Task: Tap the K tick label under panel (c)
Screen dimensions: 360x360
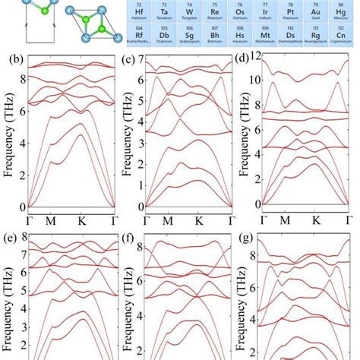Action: coord(198,221)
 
